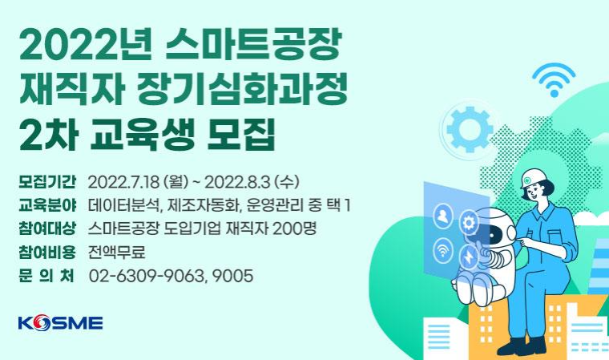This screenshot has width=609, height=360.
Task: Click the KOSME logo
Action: pos(61,323)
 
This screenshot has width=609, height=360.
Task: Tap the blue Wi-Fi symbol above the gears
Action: pos(554,80)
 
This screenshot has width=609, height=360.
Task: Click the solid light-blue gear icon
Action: pos(469,130)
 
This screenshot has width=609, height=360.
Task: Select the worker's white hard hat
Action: pos(533,178)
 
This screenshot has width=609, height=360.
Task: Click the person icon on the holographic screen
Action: pos(443,216)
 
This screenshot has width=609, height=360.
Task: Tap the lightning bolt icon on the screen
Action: pos(469,257)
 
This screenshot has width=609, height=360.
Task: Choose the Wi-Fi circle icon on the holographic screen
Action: pos(443,249)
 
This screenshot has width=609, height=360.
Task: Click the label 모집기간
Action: pos(47,182)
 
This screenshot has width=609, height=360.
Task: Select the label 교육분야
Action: pos(47,205)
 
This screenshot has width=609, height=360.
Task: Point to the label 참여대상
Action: pos(47,229)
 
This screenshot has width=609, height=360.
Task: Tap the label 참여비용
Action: pos(47,253)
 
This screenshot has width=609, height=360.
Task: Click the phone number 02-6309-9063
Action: pos(146,276)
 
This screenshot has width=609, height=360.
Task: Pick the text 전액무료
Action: pos(116,253)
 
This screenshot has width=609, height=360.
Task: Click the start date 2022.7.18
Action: pos(124,182)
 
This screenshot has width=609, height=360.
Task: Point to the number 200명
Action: pos(294,229)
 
